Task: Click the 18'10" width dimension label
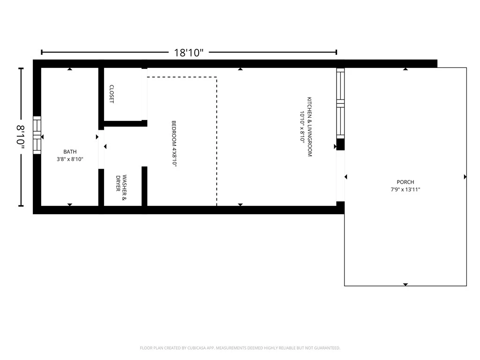click(x=188, y=52)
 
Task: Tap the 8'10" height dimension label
click(x=21, y=137)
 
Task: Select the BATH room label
click(x=70, y=151)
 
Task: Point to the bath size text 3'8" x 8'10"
click(x=70, y=159)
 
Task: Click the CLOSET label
click(x=112, y=94)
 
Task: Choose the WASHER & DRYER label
click(x=121, y=187)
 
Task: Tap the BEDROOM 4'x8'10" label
click(x=174, y=143)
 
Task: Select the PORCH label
click(x=405, y=182)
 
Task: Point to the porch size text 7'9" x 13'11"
click(x=405, y=189)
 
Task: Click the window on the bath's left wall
click(x=37, y=135)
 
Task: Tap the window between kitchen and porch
click(x=340, y=103)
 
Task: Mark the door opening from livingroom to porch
click(x=340, y=176)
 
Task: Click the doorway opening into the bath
click(x=101, y=150)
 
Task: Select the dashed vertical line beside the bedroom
click(x=217, y=142)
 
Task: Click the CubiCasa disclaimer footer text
click(x=240, y=348)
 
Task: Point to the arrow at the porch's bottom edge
click(x=405, y=285)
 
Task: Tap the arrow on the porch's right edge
click(x=465, y=177)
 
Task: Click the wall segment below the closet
click(x=126, y=124)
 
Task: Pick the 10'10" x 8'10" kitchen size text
click(x=302, y=127)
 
